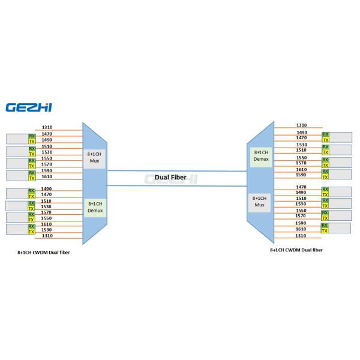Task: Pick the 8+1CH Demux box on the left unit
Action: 94,206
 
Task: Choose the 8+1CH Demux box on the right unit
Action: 260,155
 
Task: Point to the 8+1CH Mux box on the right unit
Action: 259,200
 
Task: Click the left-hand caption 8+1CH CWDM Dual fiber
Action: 44,253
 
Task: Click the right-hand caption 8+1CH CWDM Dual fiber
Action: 296,249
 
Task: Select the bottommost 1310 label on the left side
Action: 46,235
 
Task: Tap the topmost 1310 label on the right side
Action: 301,125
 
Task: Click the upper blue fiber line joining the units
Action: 177,170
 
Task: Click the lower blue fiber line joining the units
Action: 177,185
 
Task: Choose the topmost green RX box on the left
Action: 32,136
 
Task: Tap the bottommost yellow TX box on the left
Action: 32,232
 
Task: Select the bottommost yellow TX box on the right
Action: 325,230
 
